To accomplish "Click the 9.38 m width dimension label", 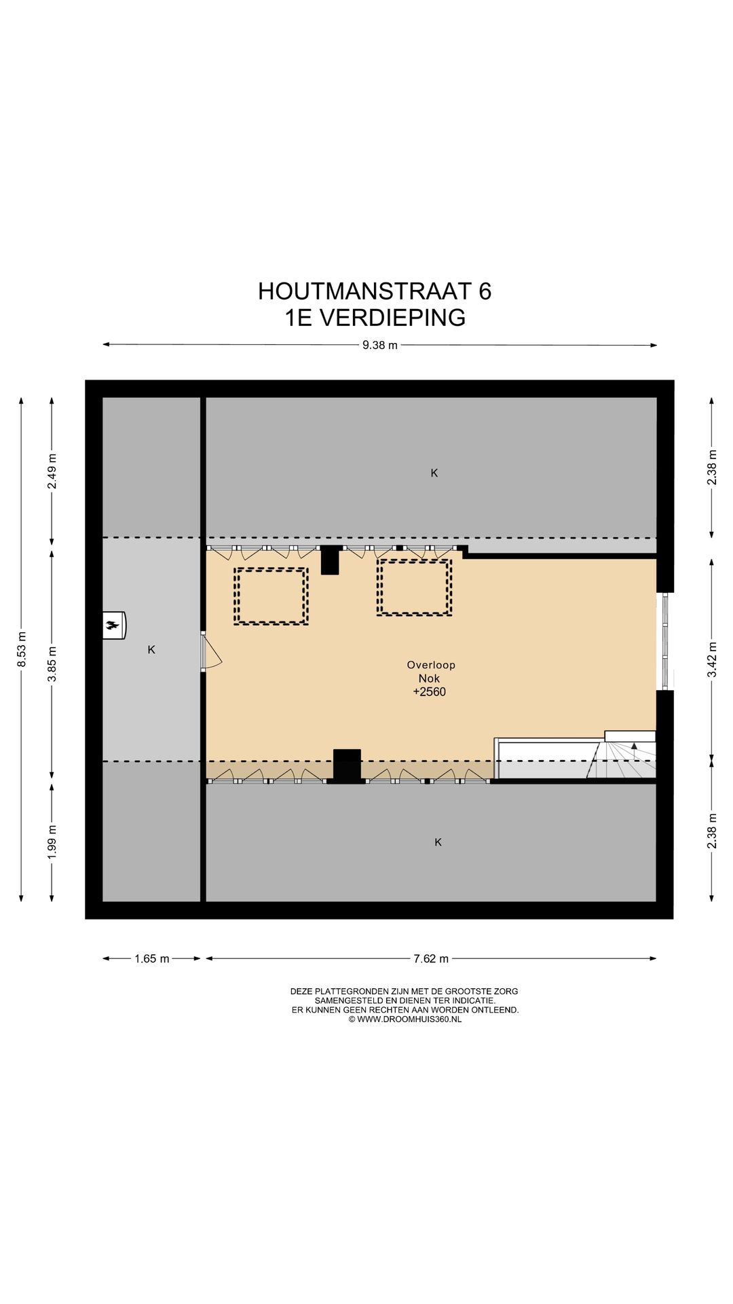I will pos(379,345).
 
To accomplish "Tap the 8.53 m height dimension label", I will pos(22,649).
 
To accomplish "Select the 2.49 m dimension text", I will pos(52,471).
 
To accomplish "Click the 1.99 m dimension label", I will pos(52,841).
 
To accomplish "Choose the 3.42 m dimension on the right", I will pos(711,659).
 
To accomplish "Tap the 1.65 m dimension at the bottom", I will pos(151,959).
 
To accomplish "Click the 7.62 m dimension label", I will pos(431,959).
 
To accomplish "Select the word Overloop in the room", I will pos(431,665).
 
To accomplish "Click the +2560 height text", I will pos(430,692).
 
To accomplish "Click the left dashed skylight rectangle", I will pos(271,596).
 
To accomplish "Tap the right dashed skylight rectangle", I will pos(414,587).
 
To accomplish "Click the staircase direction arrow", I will pos(635,746).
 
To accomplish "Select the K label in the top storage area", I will pos(434,473).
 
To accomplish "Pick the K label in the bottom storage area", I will pos(438,842).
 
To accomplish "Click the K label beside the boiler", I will pos(151,650).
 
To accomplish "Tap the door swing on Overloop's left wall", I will pos(212,653).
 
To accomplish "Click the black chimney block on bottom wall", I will pos(347,766).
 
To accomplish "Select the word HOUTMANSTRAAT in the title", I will pos(364,291).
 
